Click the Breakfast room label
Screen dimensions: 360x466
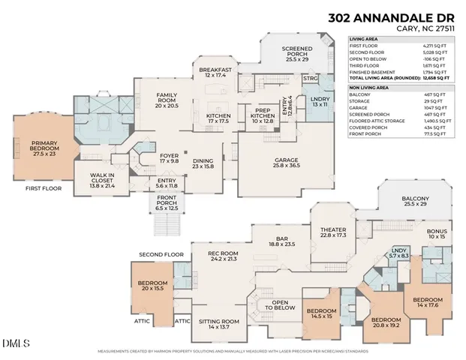pyautogui.click(x=215, y=73)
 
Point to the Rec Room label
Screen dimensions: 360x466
pyautogui.click(x=223, y=256)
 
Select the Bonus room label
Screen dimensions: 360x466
pyautogui.click(x=436, y=234)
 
